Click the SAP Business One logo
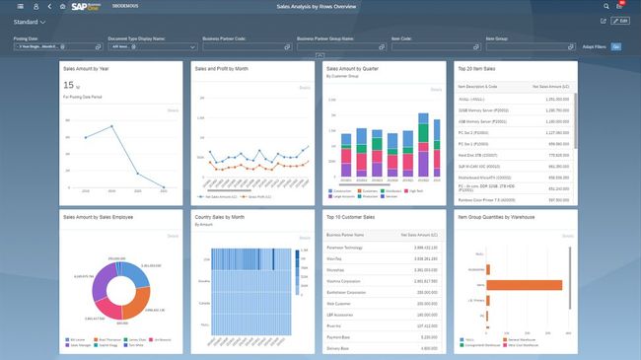[88, 6]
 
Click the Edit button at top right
[619, 21]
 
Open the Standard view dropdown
[31, 21]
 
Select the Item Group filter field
[529, 46]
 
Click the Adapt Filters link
[595, 46]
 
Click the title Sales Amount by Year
[86, 70]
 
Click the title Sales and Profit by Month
[222, 70]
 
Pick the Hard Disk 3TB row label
[480, 154]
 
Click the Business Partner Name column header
[346, 236]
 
